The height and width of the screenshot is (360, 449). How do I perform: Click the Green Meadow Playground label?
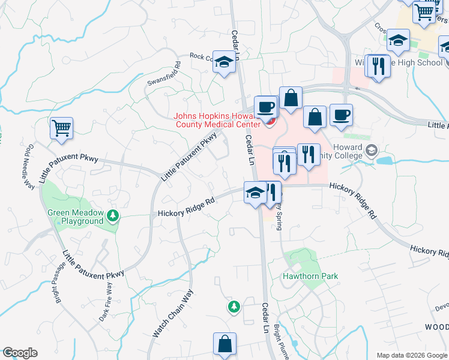[x=76, y=217]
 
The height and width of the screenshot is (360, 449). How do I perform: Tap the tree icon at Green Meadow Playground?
[x=112, y=215]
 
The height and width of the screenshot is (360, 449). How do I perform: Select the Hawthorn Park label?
[x=310, y=277]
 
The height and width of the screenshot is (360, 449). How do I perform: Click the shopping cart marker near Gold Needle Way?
[x=61, y=128]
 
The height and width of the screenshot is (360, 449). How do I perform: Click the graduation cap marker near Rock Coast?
[x=224, y=62]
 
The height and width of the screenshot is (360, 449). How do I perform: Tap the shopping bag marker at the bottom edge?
[x=224, y=345]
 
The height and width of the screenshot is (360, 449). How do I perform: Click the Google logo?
[x=19, y=353]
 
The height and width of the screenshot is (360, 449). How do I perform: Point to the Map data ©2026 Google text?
[x=412, y=355]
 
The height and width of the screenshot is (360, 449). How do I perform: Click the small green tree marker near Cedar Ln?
[x=234, y=307]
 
